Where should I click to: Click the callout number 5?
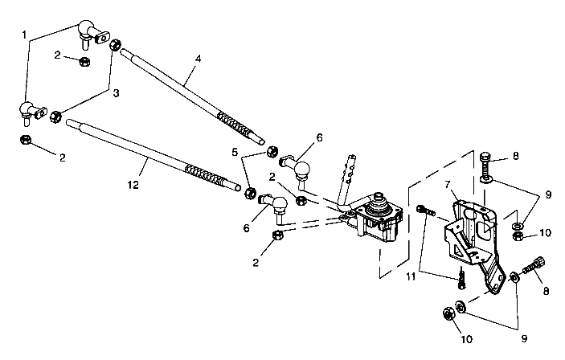point(235,150)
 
